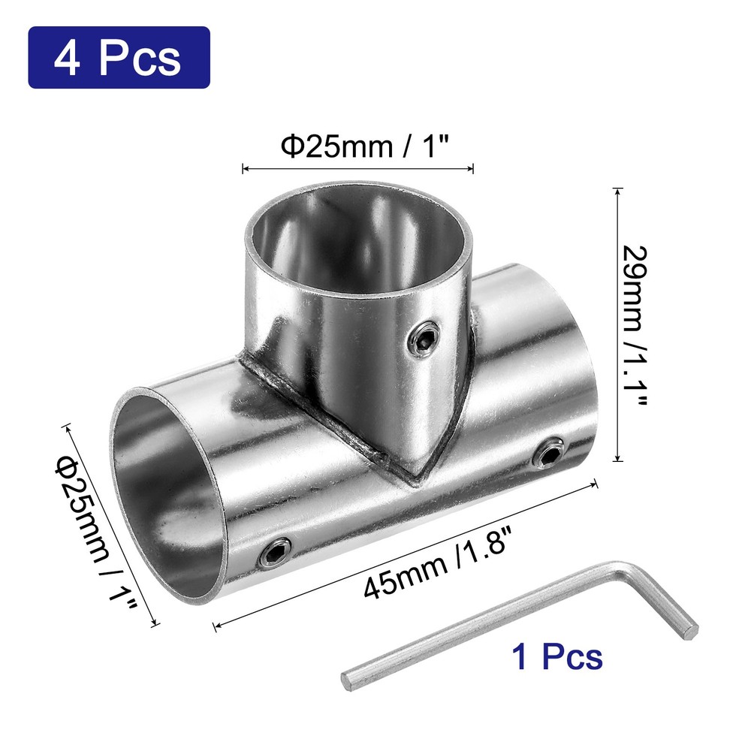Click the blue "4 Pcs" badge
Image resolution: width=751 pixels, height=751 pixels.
[x=119, y=58]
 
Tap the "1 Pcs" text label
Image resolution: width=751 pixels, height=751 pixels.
[x=556, y=656]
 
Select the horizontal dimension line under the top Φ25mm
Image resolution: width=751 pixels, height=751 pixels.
[x=357, y=168]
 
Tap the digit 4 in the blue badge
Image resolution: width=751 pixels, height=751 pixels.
[x=68, y=59]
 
